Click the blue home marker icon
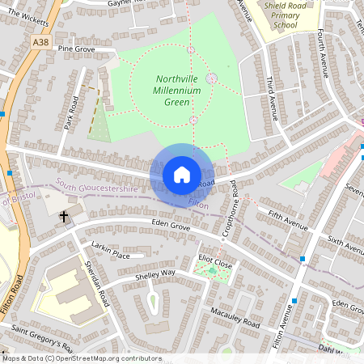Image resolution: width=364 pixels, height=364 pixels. [181, 175]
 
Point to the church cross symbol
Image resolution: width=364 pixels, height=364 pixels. [63, 216]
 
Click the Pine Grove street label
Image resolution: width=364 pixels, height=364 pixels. [76, 49]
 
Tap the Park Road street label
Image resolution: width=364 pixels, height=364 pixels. [70, 113]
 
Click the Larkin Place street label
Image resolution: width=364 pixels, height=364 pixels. [110, 255]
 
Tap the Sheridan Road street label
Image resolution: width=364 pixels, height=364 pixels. [96, 286]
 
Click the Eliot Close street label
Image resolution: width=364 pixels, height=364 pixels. [215, 264]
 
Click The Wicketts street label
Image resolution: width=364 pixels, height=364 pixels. [23, 15]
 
